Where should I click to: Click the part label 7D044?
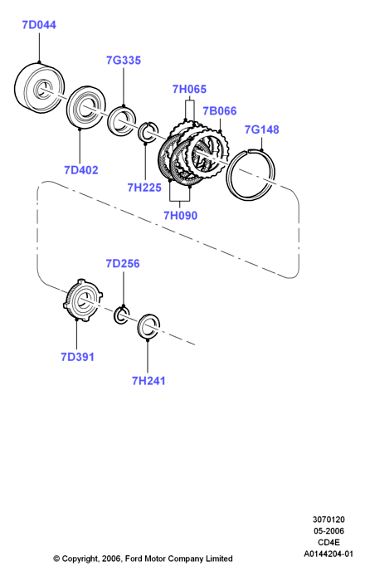tap(39, 25)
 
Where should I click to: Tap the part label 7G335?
tap(124, 61)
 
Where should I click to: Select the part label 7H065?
tap(189, 89)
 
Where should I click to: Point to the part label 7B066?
tap(220, 111)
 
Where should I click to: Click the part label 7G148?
tap(262, 129)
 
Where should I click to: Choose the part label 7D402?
tap(81, 170)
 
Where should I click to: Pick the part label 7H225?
tap(144, 188)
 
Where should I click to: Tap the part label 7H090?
tap(180, 215)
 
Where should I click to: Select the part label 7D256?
tap(123, 263)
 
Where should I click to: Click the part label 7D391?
tap(77, 357)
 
